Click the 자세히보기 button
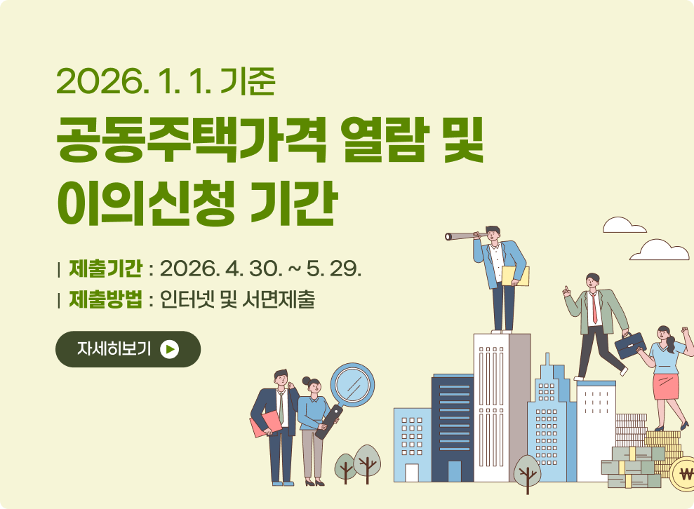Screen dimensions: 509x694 coord(128,349)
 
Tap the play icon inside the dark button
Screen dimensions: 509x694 coord(170,349)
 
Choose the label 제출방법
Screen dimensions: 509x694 coord(105,300)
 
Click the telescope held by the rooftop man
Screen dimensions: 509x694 coord(459,236)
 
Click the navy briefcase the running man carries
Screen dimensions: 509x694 coord(630,346)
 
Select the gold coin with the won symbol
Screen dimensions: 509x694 coord(682,473)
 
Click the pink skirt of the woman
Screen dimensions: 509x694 coord(665,386)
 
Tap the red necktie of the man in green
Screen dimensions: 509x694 coord(594,308)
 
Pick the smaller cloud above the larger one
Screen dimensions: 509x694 coord(623,225)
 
